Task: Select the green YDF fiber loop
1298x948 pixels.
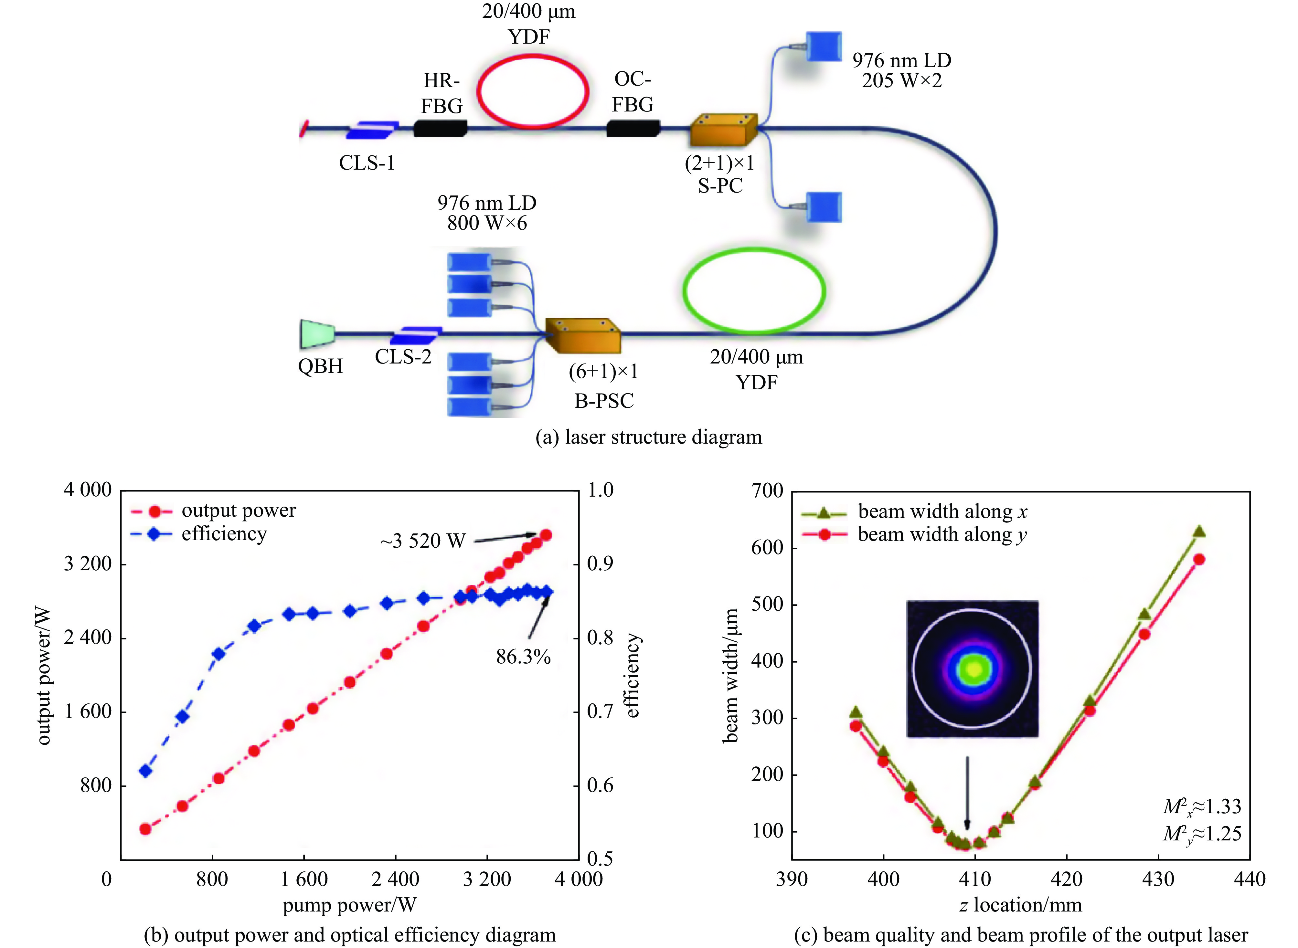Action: (754, 250)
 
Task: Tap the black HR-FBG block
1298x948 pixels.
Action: (440, 128)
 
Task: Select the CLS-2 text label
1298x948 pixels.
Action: (403, 357)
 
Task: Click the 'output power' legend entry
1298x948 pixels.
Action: (238, 510)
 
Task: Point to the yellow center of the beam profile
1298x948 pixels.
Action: (973, 669)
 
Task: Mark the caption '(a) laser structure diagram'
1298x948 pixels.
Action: (649, 437)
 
